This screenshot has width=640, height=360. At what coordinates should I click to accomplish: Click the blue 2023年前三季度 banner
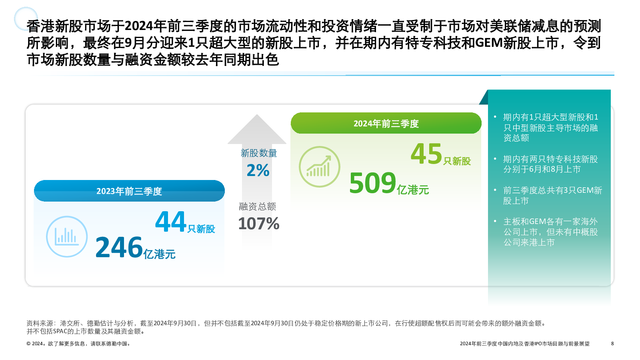click(x=129, y=191)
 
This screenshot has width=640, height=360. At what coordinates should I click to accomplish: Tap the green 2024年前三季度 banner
click(x=386, y=123)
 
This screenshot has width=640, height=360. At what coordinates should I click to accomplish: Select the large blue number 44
click(x=170, y=222)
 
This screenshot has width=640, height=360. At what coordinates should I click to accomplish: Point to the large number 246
click(x=119, y=247)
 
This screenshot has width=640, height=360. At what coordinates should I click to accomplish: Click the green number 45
click(x=426, y=154)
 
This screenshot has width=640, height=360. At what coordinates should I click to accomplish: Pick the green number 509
click(x=372, y=183)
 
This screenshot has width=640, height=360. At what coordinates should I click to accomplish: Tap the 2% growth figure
click(x=258, y=170)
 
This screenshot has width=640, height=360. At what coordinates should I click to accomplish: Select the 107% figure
click(x=258, y=224)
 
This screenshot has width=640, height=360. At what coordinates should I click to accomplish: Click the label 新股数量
click(x=258, y=153)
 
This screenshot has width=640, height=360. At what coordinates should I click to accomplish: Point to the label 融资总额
click(x=258, y=206)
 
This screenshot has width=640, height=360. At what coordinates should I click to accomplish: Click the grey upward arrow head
click(x=257, y=129)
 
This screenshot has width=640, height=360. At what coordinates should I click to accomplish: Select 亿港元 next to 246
click(x=160, y=254)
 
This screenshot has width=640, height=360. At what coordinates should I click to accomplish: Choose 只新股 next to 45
click(x=457, y=161)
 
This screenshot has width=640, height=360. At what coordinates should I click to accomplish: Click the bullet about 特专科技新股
click(x=550, y=164)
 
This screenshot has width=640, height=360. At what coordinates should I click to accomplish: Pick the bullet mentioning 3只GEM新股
click(x=552, y=196)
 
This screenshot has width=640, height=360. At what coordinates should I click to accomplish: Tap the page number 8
click(x=612, y=344)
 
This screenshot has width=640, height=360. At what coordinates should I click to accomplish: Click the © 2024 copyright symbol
click(x=28, y=344)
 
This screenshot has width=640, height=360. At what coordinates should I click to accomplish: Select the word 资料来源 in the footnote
click(x=40, y=323)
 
